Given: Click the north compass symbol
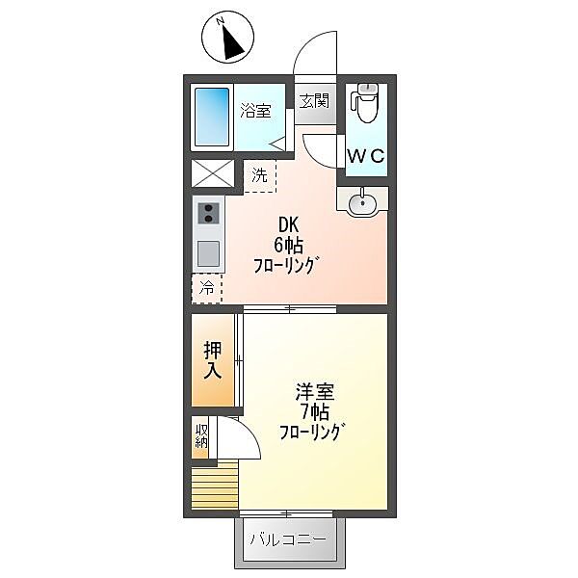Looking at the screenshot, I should pyautogui.click(x=228, y=38).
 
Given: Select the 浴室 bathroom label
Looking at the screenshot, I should pyautogui.click(x=255, y=112).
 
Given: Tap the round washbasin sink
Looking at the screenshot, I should pyautogui.click(x=362, y=203).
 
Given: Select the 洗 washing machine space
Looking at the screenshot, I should pyautogui.click(x=259, y=175).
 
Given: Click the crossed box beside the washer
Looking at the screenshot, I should pyautogui.click(x=213, y=174).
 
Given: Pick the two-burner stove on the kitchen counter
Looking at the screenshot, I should pyautogui.click(x=208, y=215).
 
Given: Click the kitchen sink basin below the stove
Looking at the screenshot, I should pyautogui.click(x=208, y=255).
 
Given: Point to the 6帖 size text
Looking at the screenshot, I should pyautogui.click(x=290, y=247).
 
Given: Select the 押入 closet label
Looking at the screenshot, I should pyautogui.click(x=213, y=357).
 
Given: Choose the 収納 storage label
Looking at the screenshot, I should pyautogui.click(x=201, y=436).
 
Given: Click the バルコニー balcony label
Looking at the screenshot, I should pyautogui.click(x=288, y=539).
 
